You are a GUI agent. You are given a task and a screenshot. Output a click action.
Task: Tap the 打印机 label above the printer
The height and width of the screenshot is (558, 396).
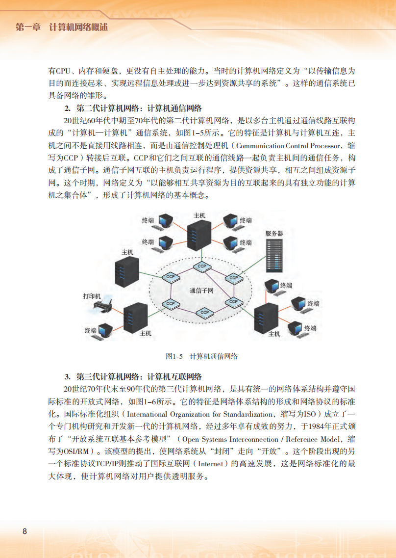tap(92, 296)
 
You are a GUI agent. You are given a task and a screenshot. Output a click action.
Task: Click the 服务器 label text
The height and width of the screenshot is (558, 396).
tap(274, 234)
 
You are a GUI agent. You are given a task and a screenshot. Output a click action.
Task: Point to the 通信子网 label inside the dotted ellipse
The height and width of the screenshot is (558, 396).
tap(201, 291)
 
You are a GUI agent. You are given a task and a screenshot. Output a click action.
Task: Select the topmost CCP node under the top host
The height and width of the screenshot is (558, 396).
tap(201, 266)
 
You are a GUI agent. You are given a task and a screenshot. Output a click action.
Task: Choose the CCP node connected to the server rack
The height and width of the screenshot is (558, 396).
tap(233, 278)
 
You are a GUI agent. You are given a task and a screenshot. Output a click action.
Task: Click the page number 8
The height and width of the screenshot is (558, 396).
tap(25, 531)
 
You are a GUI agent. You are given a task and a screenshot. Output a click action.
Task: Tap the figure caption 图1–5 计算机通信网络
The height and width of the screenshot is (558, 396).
tap(201, 356)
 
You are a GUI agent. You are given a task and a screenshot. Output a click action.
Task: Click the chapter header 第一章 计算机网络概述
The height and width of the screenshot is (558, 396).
tap(62, 27)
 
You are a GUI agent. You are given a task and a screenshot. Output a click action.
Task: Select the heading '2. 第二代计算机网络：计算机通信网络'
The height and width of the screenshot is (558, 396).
tap(133, 108)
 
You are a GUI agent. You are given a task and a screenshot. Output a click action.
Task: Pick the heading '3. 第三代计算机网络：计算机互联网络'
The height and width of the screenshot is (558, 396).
tap(133, 377)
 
